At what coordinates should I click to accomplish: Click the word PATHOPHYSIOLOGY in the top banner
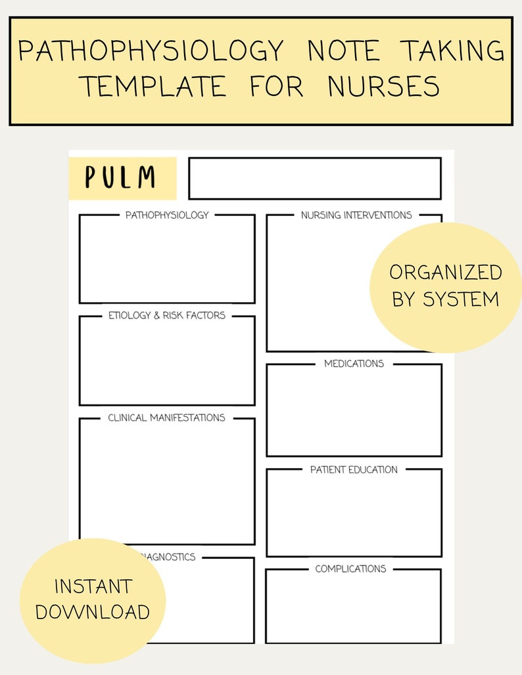coord(151,51)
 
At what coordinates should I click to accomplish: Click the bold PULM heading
coord(121,178)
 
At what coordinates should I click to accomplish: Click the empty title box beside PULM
coord(314,178)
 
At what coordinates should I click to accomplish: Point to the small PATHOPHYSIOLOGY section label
coord(167,215)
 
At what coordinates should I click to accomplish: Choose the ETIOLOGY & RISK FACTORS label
coord(167,315)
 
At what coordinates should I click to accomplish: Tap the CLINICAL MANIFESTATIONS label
coord(166,418)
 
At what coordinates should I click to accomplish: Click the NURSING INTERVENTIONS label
coord(356,215)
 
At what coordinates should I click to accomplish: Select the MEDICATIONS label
coord(354,363)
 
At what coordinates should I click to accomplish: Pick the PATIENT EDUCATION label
coord(354,469)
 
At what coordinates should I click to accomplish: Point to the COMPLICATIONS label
coord(350,569)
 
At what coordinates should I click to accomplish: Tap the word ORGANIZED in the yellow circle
coord(446,272)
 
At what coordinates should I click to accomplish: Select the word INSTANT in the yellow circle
coord(93,586)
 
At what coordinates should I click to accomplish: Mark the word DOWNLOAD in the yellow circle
coord(93,612)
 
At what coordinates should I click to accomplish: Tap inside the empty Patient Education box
coord(354,515)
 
